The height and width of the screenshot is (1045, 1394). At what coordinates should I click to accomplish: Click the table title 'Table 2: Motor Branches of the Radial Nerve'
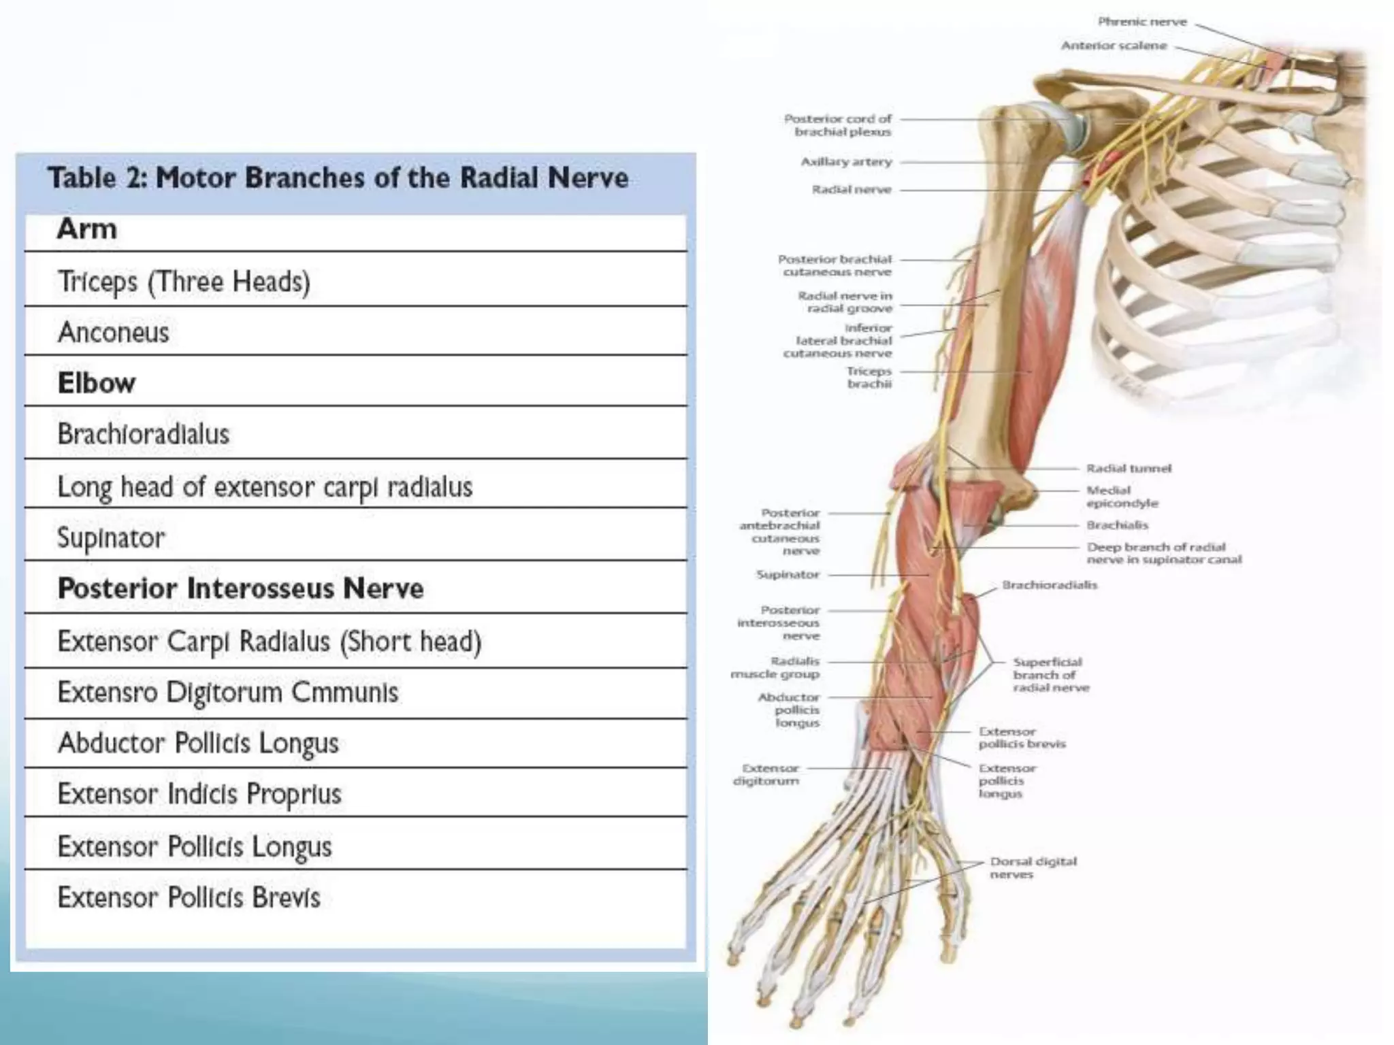coord(338,178)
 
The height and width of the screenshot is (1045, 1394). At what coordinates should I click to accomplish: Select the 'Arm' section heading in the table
coord(87,229)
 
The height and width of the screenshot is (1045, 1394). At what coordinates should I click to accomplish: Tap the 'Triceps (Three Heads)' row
coord(184,282)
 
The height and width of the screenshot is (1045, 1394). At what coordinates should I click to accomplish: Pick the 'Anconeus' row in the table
coord(113,333)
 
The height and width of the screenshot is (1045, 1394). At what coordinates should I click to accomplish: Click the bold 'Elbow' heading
coord(96,383)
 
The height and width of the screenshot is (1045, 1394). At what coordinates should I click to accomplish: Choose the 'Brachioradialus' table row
coord(144,434)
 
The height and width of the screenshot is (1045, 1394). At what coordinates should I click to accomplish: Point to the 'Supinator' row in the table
coord(111,537)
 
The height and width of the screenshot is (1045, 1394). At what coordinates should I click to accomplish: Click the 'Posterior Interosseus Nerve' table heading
coord(240,588)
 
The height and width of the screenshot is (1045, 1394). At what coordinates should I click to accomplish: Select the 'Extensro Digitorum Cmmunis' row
coord(228,693)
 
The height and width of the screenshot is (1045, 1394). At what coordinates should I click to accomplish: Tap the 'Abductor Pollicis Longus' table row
coord(198,743)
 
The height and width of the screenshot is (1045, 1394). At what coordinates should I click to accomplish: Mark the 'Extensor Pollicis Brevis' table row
coord(189,898)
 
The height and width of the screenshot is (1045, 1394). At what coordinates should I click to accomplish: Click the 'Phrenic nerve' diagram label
coord(1141,22)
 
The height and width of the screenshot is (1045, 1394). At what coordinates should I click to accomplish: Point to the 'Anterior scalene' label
coord(1114,46)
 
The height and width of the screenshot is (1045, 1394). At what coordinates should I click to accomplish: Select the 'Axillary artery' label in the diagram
coord(846,162)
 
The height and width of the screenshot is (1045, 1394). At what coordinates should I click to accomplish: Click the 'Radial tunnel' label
coord(1129,468)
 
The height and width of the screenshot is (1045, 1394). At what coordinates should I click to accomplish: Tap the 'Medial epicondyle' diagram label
coord(1122,497)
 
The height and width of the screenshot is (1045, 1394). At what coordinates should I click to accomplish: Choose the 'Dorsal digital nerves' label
coord(1033,867)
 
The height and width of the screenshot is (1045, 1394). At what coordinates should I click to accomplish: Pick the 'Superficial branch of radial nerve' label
coord(1050,674)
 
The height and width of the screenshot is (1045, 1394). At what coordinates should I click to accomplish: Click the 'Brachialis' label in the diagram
coord(1117,525)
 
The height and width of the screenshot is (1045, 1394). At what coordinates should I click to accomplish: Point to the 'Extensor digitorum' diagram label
coord(766,774)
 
